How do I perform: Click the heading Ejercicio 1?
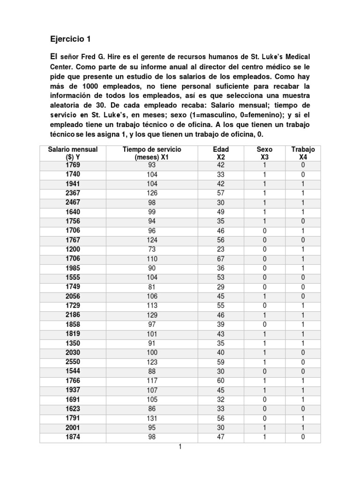point(70,39)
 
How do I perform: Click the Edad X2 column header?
point(221,153)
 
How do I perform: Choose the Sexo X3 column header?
point(264,153)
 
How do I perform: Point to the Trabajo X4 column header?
point(303,153)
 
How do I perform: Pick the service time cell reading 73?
point(151,249)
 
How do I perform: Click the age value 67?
point(221,259)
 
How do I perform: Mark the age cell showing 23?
point(221,249)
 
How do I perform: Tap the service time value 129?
point(151,315)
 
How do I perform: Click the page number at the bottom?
point(180,447)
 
